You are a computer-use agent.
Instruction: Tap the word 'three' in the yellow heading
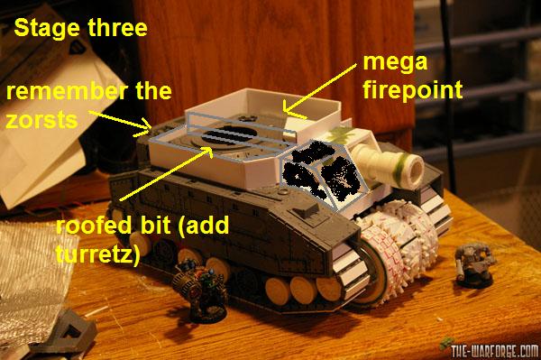(117, 27)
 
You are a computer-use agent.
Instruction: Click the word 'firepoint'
(413, 90)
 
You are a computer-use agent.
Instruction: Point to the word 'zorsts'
(41, 120)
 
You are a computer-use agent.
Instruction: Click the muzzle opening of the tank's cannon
(415, 168)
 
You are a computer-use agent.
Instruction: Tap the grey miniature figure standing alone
(473, 264)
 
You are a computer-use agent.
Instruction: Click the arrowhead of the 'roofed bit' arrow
(209, 149)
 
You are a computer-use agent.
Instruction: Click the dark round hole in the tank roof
(229, 135)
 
